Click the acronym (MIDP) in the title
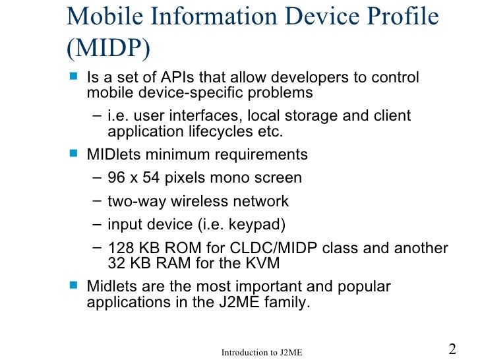[108, 48]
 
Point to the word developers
[299, 78]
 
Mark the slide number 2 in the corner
[452, 349]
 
